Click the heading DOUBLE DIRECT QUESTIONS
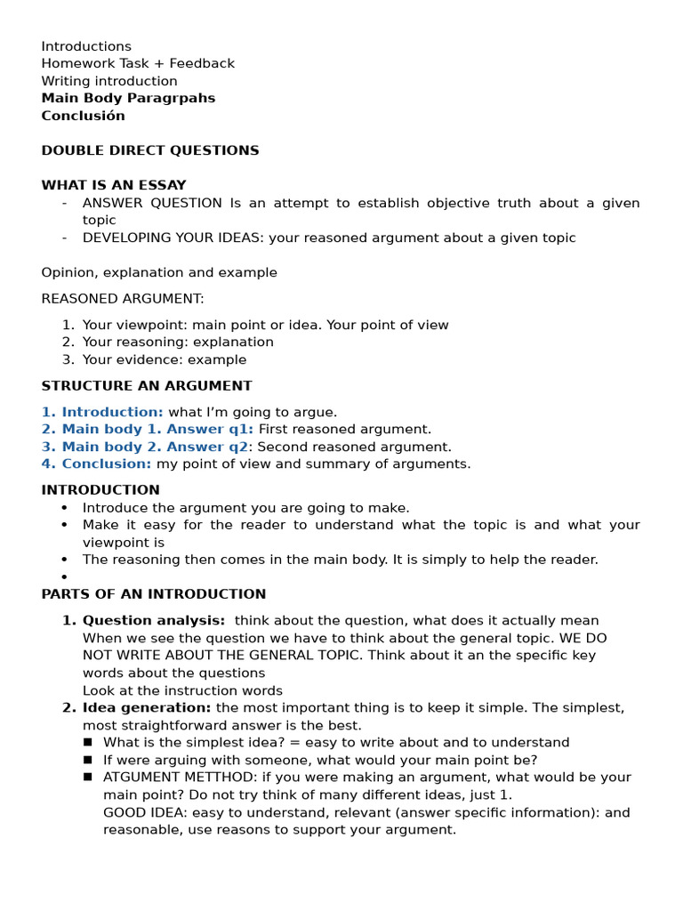(150, 150)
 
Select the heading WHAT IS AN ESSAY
(114, 185)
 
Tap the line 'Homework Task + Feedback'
(138, 63)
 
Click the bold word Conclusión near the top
(83, 116)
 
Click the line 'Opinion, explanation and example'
(159, 272)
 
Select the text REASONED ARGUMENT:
(123, 298)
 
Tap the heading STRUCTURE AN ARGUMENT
(147, 385)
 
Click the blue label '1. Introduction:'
(102, 412)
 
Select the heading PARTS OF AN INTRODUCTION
(154, 593)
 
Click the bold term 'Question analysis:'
(154, 620)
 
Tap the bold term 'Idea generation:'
(147, 707)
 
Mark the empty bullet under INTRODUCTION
(65, 577)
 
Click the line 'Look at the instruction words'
(182, 690)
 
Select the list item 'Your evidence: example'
(165, 359)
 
